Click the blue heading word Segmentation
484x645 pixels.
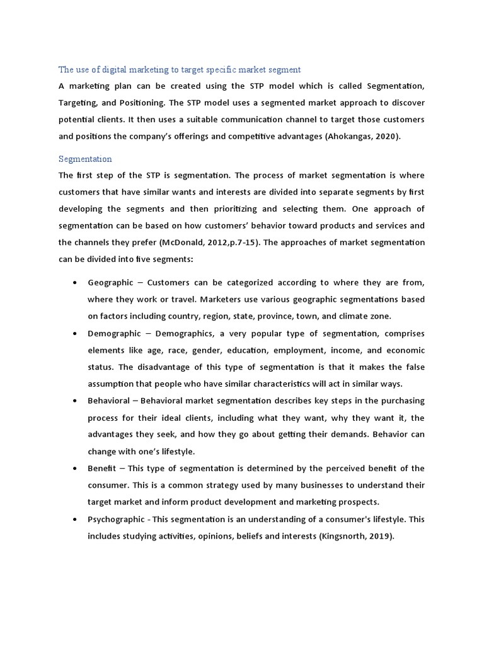(x=85, y=159)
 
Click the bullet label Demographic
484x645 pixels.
(x=114, y=333)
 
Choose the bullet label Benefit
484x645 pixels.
(x=103, y=468)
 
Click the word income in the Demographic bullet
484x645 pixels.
(x=328, y=350)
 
